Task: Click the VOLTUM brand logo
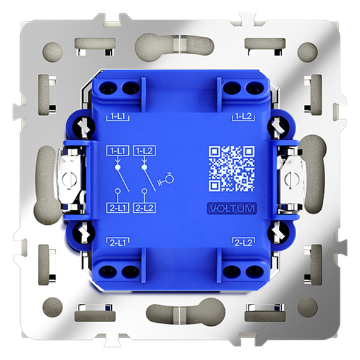pyautogui.click(x=232, y=208)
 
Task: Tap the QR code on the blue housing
pyautogui.click(x=232, y=169)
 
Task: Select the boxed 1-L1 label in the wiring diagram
pyautogui.click(x=117, y=151)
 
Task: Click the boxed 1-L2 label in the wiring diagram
pyautogui.click(x=145, y=151)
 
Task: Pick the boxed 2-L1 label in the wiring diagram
pyautogui.click(x=117, y=208)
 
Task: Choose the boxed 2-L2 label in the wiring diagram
pyautogui.click(x=145, y=208)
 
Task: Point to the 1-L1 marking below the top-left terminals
pyautogui.click(x=117, y=117)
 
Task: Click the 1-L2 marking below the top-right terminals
pyautogui.click(x=244, y=117)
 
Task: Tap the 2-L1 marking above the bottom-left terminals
pyautogui.click(x=117, y=243)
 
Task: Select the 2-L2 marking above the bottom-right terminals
pyautogui.click(x=244, y=243)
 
